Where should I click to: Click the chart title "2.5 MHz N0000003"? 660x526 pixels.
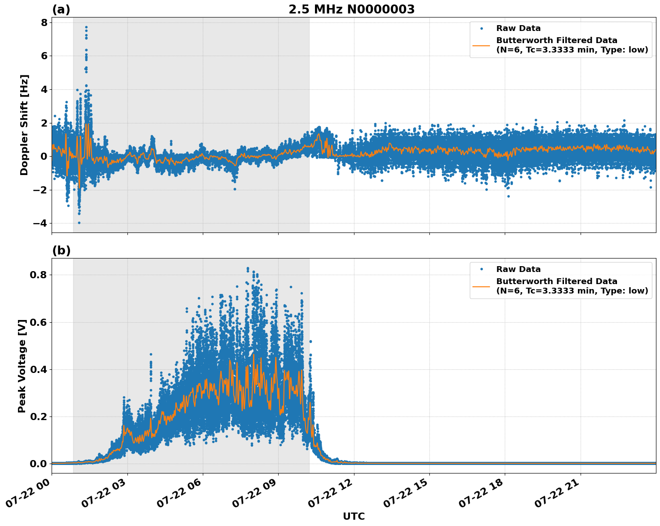(x=351, y=9)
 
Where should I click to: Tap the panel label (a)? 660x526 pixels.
(x=61, y=9)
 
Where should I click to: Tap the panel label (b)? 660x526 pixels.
(x=61, y=250)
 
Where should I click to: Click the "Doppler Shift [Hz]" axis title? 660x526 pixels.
(x=24, y=125)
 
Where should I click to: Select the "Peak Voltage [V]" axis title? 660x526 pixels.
(x=22, y=366)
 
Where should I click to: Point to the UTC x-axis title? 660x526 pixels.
(x=354, y=516)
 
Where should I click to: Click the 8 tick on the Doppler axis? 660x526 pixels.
(x=44, y=22)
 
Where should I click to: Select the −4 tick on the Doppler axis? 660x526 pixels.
(x=41, y=224)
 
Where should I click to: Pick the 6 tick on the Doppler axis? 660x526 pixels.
(x=44, y=56)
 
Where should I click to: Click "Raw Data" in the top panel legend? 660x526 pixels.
(x=518, y=28)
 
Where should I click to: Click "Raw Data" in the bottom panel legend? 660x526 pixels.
(x=518, y=269)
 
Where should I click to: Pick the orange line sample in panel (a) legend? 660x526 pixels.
(x=481, y=45)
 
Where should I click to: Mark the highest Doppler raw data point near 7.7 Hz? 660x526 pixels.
(x=86, y=27)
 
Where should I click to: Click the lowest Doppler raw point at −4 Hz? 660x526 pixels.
(x=79, y=223)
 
